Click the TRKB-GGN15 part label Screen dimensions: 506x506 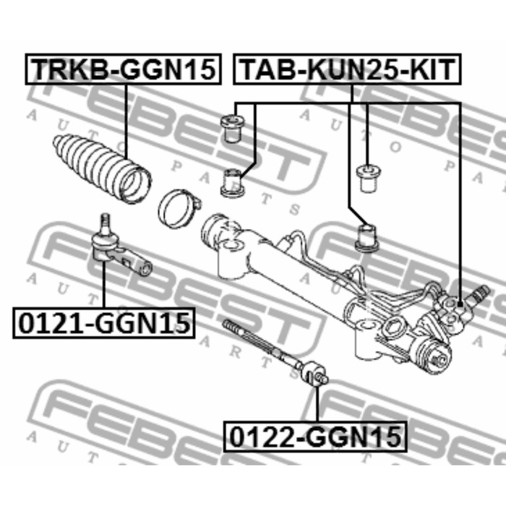124,69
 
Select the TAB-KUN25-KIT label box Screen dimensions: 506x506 347,69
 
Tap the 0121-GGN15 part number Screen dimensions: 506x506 104,322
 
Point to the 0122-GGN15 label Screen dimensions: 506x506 315,437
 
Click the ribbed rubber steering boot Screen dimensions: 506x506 103,168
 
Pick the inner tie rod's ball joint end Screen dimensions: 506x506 314,374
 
